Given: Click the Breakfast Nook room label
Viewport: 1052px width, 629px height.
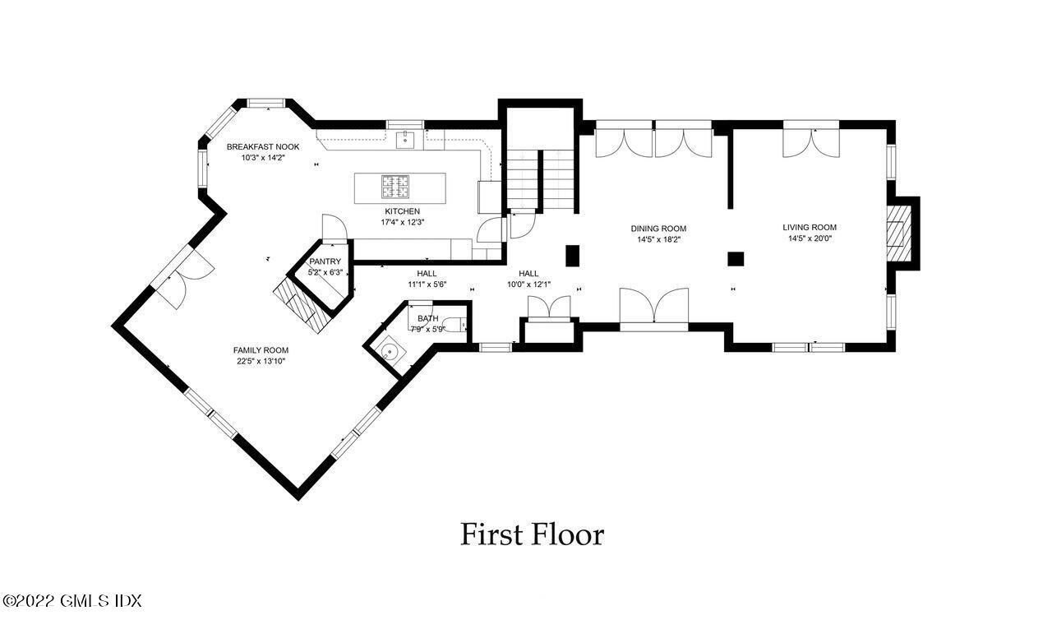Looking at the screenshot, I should coord(263,146).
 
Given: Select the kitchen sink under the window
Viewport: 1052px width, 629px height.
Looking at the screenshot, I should coord(405,141).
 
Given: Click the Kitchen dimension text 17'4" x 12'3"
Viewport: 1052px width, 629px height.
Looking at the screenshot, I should coord(402,222).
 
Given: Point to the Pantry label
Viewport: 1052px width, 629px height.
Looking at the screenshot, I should coord(325,261).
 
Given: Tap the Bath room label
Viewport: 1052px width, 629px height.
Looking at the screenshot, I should coord(427,318).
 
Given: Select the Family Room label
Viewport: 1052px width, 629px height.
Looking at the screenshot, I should coord(260,349).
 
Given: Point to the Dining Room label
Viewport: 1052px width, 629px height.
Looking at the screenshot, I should coord(658,229).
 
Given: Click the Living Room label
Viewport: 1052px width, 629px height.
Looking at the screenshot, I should coord(810,227).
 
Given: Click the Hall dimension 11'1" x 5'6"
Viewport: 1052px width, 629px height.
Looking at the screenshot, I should coord(427,284).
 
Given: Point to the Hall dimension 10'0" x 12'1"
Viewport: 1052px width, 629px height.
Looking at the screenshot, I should coord(528,284).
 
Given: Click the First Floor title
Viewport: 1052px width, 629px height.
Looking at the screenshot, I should coord(532,534).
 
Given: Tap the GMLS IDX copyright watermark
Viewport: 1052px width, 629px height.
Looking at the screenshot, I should coord(72,601).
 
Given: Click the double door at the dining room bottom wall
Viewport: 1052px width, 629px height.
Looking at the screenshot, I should coord(654,308).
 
